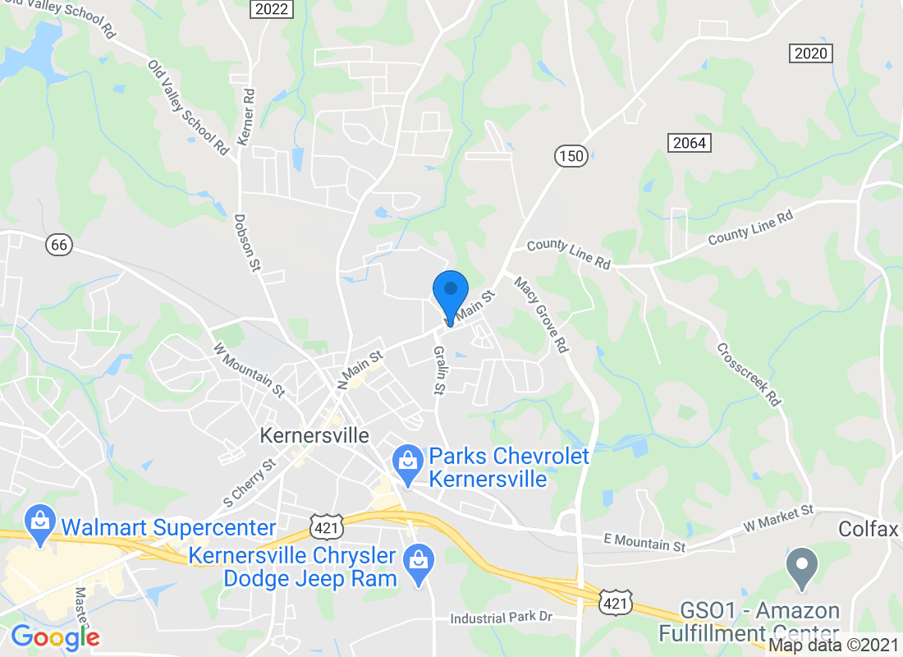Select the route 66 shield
59,244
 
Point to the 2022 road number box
271,9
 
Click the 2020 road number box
812,54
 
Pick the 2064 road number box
688,143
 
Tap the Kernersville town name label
314,435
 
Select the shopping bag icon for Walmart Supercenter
39,524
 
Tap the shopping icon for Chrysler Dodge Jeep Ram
419,565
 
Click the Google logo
55,637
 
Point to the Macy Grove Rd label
542,315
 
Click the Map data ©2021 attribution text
834,646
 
